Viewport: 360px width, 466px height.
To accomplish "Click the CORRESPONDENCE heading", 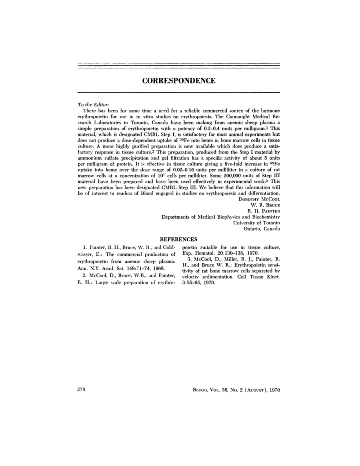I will tap(179, 81).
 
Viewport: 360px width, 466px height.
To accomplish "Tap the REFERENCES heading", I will tap(179, 239).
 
